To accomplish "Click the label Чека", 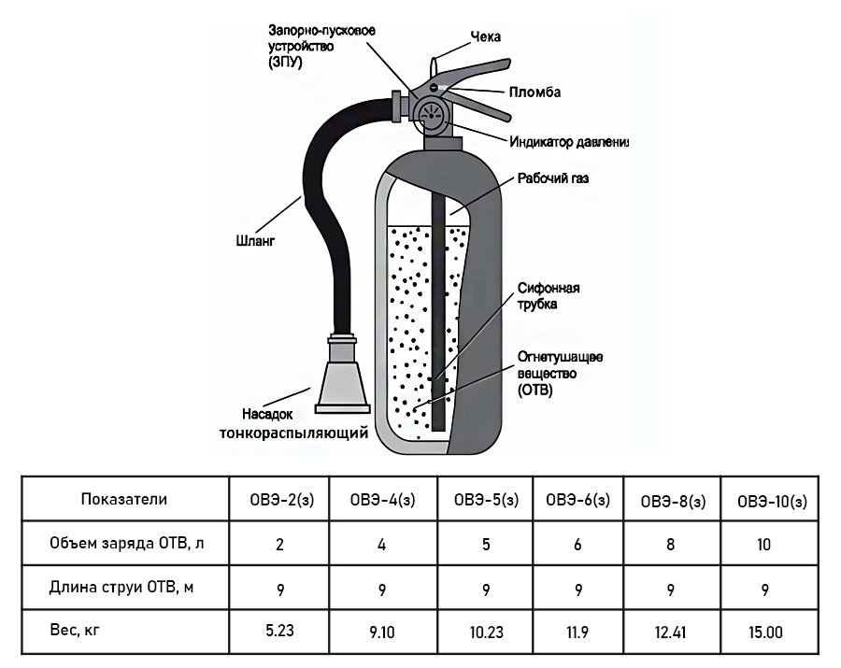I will pos(485,37).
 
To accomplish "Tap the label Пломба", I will pos(535,92).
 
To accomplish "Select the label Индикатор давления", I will pos(568,143).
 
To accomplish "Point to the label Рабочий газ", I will pos(552,178).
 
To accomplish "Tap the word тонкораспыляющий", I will pos(293,433).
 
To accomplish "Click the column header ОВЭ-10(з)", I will pos(771,501).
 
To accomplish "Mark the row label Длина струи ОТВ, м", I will pos(124,587).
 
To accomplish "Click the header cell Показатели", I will pos(124,499).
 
